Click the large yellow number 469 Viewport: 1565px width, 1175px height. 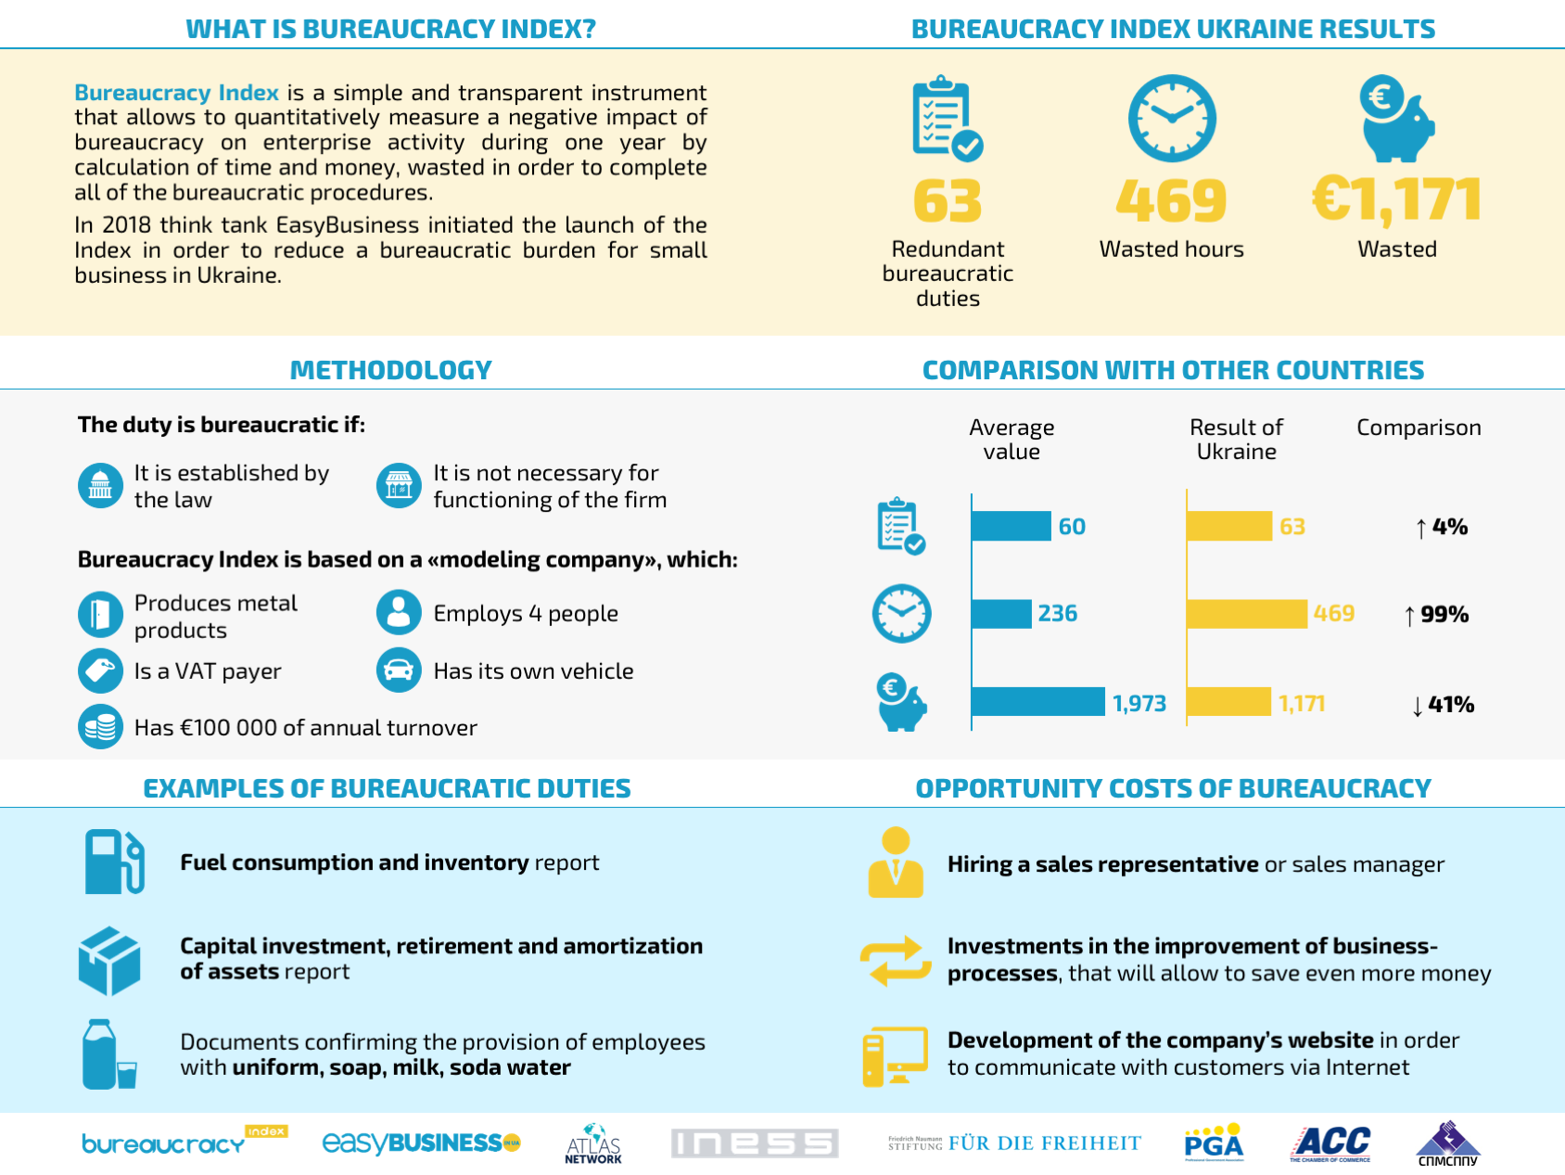[1171, 200]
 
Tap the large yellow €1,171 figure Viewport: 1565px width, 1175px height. [1396, 200]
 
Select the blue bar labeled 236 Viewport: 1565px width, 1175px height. [1002, 614]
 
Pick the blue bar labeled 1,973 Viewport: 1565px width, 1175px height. [1039, 702]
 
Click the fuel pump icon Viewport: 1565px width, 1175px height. [115, 862]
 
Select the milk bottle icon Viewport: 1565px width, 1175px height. [108, 1054]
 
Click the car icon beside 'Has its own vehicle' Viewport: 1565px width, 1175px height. [399, 670]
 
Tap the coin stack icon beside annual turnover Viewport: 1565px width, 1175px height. [100, 727]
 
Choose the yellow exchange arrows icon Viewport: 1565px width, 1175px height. [896, 961]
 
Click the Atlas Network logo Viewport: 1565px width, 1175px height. [593, 1143]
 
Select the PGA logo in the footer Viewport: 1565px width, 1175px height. [1214, 1143]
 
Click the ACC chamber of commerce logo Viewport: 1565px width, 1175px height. [1330, 1143]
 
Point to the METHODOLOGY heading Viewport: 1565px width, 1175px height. [391, 370]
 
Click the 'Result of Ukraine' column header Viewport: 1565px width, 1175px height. [1236, 440]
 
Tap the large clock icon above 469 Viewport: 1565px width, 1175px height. [1172, 119]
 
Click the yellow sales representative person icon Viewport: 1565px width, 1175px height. [896, 862]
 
